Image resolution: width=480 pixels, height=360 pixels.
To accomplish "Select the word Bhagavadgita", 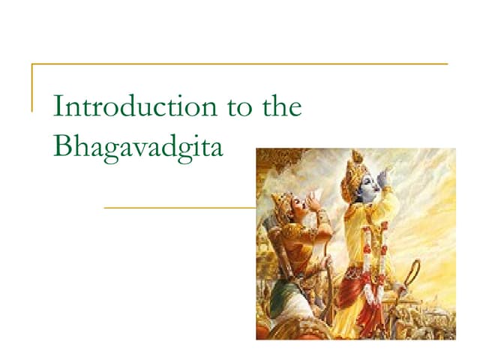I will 139,145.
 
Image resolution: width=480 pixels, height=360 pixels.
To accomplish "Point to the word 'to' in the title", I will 239,108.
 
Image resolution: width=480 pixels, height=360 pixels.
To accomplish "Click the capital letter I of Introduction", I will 58,108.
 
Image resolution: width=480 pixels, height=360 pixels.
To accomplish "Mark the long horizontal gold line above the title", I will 240,64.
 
